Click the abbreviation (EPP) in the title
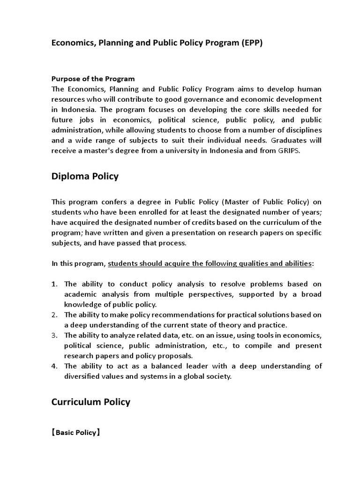pos(252,43)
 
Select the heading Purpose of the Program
pos(93,79)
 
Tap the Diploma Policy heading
pos(85,176)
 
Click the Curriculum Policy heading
pos(90,402)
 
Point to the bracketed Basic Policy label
pos(76,434)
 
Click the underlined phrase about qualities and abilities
pos(210,263)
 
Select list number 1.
pos(54,284)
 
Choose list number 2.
pos(54,315)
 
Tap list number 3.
pos(54,336)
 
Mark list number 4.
pos(54,366)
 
